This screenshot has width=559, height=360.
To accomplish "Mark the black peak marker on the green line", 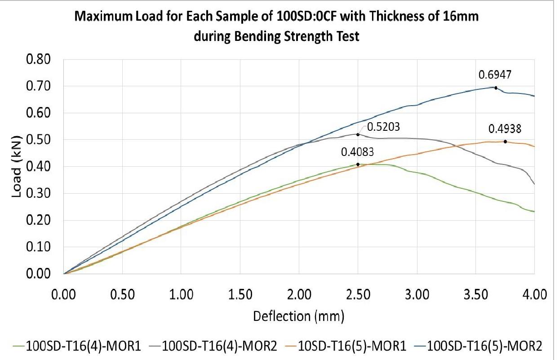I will [358, 164].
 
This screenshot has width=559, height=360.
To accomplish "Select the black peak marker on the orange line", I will [505, 142].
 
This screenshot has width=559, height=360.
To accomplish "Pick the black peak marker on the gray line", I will [358, 134].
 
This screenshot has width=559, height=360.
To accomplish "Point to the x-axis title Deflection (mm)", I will [299, 316].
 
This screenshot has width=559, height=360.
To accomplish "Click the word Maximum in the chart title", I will [101, 20].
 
